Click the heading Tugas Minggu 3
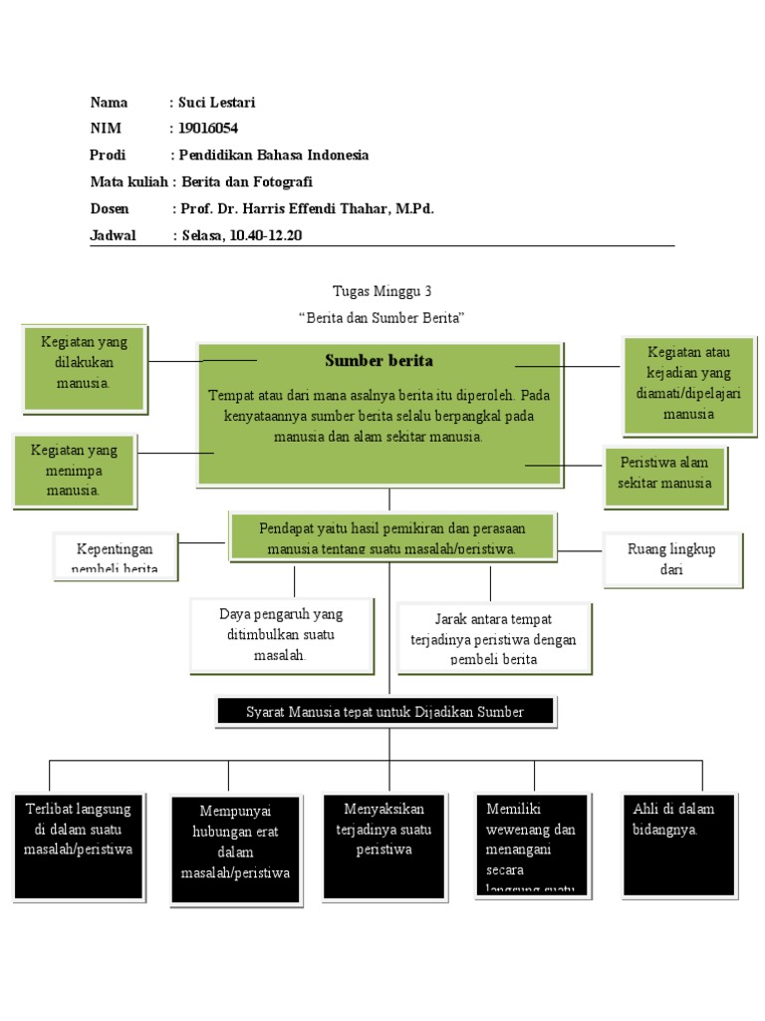tap(382, 291)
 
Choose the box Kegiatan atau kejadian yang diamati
tap(688, 386)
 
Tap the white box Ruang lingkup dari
tap(671, 559)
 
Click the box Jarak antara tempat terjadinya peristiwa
tap(493, 637)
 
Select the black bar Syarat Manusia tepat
tap(384, 711)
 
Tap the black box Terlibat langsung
tap(78, 846)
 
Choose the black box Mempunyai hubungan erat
tap(235, 850)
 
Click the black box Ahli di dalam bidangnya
tap(680, 845)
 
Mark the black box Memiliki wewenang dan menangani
tap(531, 846)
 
